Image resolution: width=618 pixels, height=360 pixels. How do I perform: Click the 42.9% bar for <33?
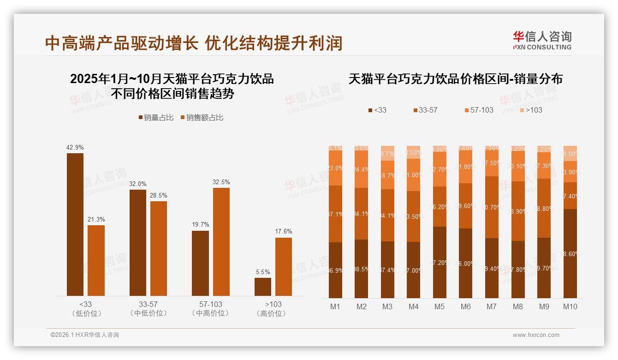pos(75,224)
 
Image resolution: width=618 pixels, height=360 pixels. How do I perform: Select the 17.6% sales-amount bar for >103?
pos(284,267)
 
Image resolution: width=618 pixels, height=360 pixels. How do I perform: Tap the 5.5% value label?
pos(263,272)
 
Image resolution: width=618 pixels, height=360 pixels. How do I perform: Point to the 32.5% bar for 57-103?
pos(221,242)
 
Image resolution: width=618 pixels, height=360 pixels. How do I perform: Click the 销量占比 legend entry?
pos(156,118)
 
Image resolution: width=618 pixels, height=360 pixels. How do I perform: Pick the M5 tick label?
pos(440,306)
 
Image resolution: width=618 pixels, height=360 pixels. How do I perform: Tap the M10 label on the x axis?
pos(570,306)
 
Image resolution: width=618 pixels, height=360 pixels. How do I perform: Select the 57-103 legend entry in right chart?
pos(479,110)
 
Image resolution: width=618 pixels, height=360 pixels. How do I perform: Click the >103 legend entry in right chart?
pos(531,110)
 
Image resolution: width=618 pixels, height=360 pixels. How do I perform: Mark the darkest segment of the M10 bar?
pos(570,253)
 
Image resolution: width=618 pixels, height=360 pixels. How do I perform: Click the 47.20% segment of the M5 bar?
pos(440,262)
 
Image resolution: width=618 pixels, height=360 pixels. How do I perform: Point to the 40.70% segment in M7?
pos(492,207)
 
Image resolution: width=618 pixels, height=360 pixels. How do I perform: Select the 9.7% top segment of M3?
pos(387,153)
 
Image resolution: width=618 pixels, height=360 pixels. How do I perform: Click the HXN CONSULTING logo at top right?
pos(542,40)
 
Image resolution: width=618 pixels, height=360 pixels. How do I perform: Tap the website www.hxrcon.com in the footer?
pos(536,335)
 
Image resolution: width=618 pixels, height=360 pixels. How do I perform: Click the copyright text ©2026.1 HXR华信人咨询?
pos(85,335)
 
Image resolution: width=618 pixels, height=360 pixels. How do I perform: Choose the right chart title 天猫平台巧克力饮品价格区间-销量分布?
pos(456,79)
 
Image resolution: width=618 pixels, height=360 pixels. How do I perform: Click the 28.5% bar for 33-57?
pos(159,248)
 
